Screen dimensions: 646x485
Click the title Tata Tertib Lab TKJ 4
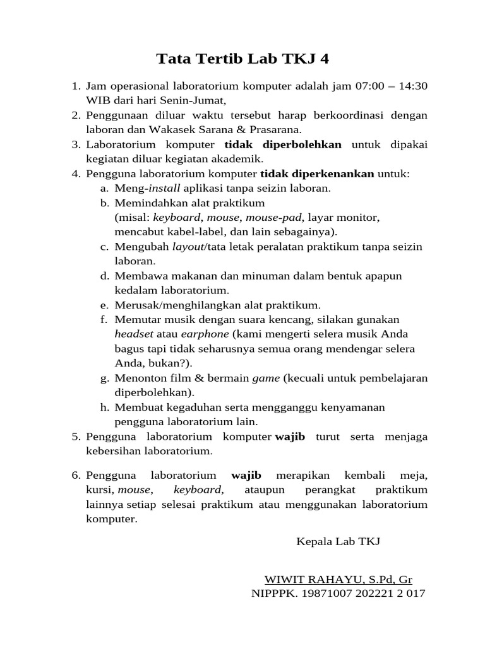coord(243,59)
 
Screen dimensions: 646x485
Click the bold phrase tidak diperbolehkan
coord(283,144)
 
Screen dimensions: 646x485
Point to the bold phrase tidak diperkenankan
coord(317,173)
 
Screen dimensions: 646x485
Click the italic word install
coord(164,188)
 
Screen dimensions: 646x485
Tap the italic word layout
coord(188,247)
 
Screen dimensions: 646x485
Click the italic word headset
coord(133,334)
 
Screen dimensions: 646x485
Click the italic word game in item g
coord(265,378)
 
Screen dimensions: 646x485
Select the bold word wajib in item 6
coord(246,474)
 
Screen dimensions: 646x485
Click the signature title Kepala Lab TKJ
coord(338,541)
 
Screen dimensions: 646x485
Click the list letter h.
coord(104,407)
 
